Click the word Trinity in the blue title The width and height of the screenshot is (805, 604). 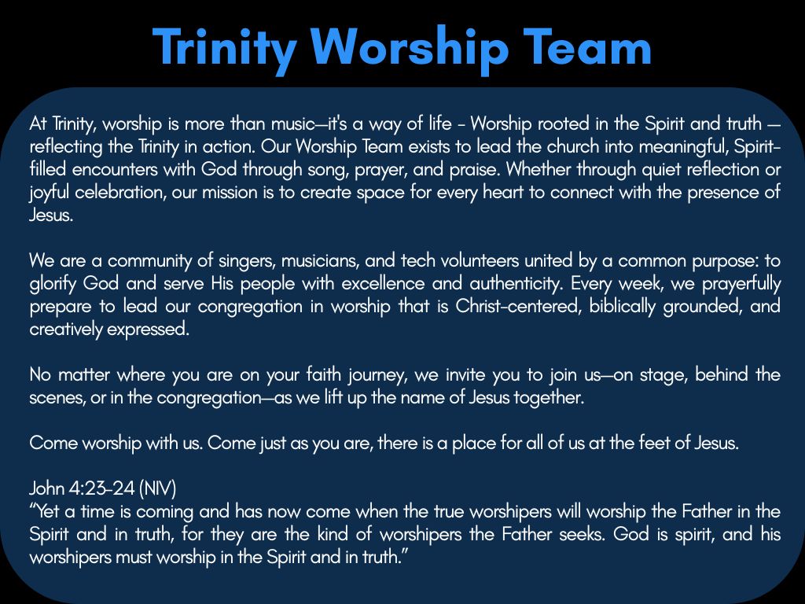coord(225,46)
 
